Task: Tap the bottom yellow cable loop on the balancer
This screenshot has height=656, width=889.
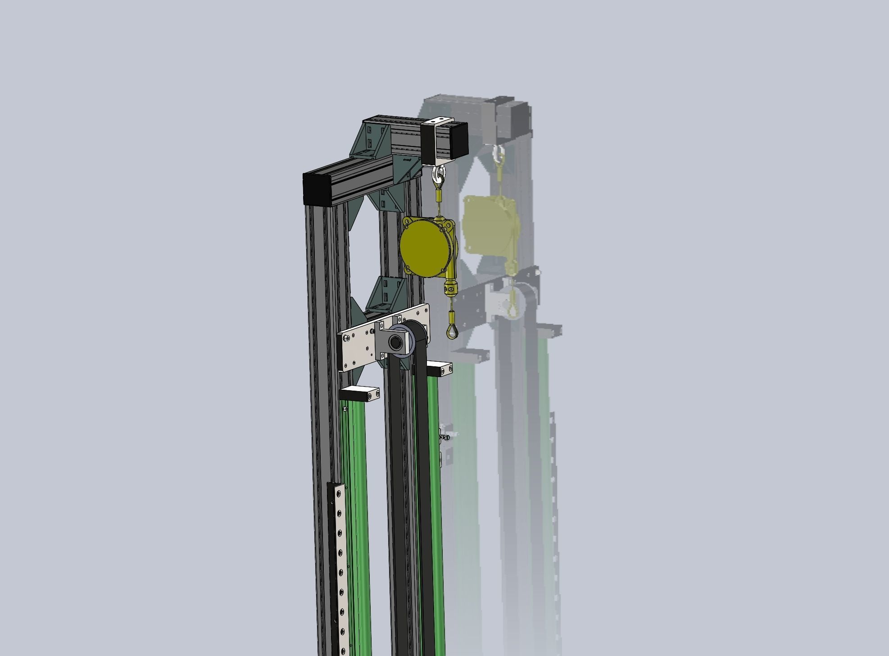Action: pos(451,332)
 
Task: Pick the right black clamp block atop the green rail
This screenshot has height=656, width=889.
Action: pos(439,369)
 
